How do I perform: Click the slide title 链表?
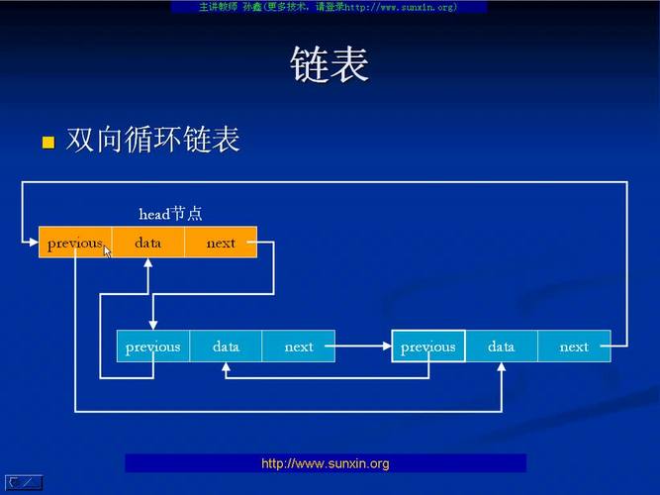pos(330,66)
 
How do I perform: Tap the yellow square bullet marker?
pos(48,143)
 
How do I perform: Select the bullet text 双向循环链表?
pos(152,140)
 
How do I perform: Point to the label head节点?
pos(170,214)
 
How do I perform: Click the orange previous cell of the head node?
pos(75,243)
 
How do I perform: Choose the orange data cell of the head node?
pos(147,243)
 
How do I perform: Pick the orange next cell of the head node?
pos(221,243)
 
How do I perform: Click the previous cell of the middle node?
pos(152,346)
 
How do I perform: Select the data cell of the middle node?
pos(226,346)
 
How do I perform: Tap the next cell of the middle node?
pos(298,346)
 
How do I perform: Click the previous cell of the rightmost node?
pos(427,346)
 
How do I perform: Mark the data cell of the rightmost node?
pos(501,346)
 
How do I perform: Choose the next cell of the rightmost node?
pos(574,346)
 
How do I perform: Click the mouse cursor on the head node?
pos(107,250)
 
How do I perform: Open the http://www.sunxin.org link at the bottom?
pos(326,463)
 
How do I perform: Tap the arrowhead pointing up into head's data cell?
pos(147,263)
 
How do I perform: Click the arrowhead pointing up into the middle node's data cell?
pos(226,367)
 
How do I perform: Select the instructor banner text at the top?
pos(329,7)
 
